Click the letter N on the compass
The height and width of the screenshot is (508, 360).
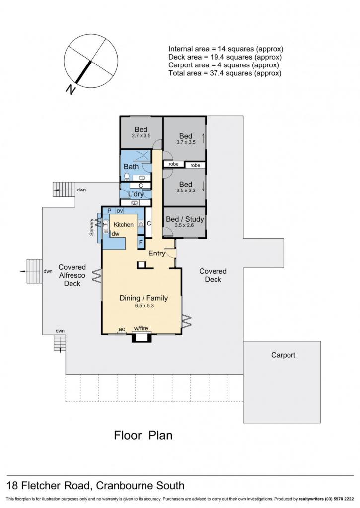tap(71, 89)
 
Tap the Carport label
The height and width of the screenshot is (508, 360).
tap(283, 355)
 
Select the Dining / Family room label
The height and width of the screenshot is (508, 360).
tap(144, 298)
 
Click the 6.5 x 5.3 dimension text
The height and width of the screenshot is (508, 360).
tap(144, 306)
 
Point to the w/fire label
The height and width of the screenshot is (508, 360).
tap(141, 328)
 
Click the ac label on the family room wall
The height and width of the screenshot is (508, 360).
tap(122, 329)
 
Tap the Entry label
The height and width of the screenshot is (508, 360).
tap(156, 254)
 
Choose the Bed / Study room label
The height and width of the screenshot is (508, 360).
tap(185, 219)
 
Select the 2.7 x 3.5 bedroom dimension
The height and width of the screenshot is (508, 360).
tap(141, 136)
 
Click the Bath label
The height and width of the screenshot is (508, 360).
tap(131, 167)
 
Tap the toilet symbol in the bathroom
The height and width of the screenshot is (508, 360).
tap(127, 177)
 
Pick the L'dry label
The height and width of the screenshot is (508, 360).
tap(136, 194)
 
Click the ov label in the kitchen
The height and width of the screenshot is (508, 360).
tap(120, 211)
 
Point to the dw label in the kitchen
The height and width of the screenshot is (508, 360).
tap(116, 234)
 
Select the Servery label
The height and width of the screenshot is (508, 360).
tap(92, 227)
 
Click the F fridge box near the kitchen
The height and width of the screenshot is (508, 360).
tap(141, 242)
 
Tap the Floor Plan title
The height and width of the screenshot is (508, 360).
tap(143, 435)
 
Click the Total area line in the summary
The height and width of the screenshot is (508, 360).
tap(225, 73)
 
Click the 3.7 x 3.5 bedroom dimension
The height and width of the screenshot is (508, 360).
tap(186, 142)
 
